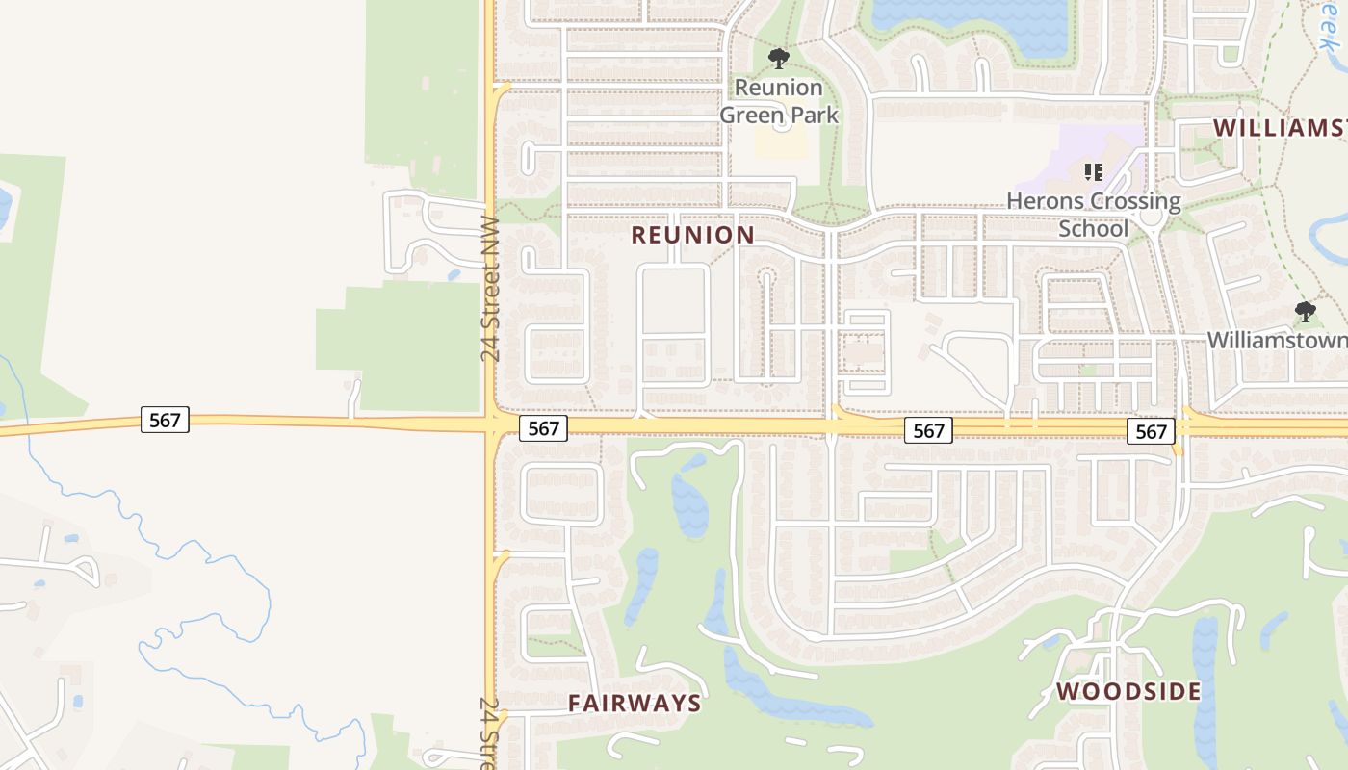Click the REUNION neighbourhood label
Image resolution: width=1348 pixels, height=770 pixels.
[x=692, y=235]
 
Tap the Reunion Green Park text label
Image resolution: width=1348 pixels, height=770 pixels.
[x=779, y=101]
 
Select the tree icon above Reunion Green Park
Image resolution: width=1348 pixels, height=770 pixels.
[x=779, y=60]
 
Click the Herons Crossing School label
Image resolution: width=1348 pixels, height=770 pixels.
[x=1094, y=215]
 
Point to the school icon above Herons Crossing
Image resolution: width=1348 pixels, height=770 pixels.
[x=1093, y=172]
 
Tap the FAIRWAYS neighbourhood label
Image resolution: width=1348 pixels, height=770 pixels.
[x=635, y=704]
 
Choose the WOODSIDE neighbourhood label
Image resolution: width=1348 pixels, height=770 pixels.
[x=1128, y=691]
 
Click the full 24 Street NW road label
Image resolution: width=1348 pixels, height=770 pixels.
[x=491, y=289]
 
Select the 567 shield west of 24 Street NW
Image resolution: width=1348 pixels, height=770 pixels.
[x=165, y=420]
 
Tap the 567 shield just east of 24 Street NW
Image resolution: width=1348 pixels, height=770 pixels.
[x=543, y=428]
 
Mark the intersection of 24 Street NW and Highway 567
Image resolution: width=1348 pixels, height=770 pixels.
[x=491, y=424]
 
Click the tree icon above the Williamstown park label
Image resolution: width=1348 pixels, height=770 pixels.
[x=1306, y=312]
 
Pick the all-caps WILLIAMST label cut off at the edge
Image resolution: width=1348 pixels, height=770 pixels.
[x=1279, y=128]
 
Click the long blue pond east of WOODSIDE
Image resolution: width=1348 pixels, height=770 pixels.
[x=1205, y=674]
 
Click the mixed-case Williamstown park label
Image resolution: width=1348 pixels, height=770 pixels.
[x=1277, y=341]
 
